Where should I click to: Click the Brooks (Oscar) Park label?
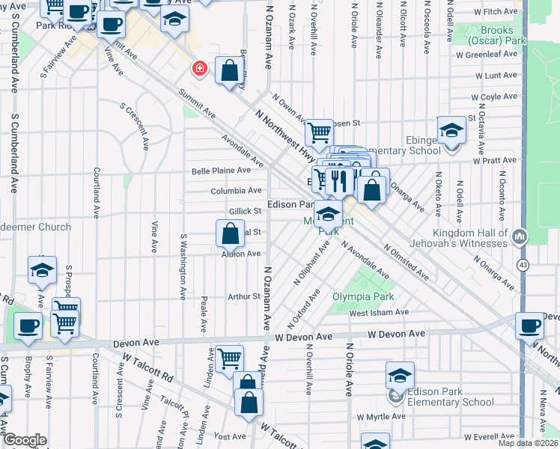[x=496, y=35]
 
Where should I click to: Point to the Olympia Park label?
[x=362, y=296]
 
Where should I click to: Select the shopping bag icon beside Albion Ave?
[x=230, y=233]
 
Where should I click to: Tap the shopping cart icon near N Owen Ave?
[x=320, y=132]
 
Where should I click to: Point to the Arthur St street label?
[x=243, y=296]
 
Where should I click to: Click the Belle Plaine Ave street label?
[x=221, y=170]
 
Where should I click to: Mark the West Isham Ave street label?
[x=379, y=312]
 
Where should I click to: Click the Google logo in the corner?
[x=25, y=440]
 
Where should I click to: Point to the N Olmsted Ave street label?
[x=405, y=262]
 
